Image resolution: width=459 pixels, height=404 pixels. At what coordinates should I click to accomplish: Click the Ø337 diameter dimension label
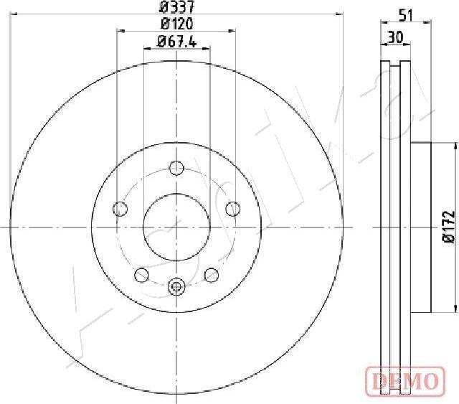[x=176, y=7]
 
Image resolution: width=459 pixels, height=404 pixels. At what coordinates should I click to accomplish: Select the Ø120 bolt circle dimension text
[x=176, y=24]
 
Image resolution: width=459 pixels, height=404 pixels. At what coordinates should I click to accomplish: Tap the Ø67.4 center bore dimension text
[x=177, y=42]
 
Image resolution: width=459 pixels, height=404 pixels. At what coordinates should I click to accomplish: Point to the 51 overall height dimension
[x=406, y=15]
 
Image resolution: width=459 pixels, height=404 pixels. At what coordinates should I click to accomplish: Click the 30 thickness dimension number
[x=395, y=37]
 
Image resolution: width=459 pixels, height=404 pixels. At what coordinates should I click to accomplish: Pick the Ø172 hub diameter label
[x=449, y=227]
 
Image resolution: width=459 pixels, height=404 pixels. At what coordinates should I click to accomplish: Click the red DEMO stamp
[x=405, y=380]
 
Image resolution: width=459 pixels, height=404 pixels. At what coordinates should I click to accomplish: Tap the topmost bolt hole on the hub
[x=176, y=168]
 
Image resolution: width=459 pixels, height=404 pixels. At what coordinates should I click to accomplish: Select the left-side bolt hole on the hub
[x=120, y=209]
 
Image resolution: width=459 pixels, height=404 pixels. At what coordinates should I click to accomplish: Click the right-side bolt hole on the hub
[x=233, y=209]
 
